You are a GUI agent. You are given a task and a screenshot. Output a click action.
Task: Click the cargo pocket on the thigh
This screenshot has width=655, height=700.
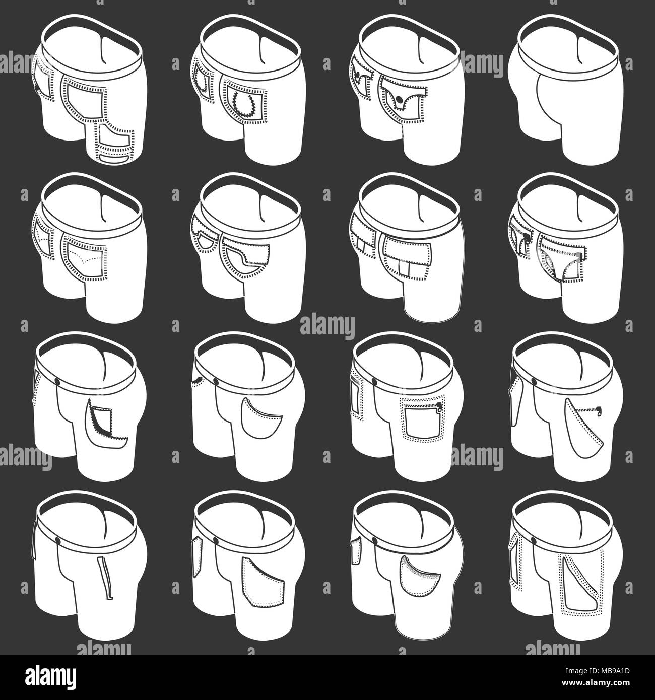pos(112,144)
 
